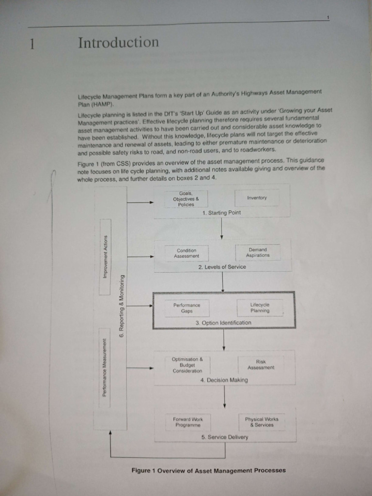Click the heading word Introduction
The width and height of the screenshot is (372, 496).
(x=118, y=43)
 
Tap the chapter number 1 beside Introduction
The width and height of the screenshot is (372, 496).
(x=32, y=45)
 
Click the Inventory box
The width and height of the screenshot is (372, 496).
(x=257, y=198)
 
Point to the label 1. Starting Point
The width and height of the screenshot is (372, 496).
(x=221, y=213)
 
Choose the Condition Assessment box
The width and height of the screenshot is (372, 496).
(x=186, y=253)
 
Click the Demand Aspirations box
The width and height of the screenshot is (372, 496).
(x=258, y=252)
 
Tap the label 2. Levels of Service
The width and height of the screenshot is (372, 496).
(x=222, y=267)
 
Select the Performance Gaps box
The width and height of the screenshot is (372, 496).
(x=186, y=308)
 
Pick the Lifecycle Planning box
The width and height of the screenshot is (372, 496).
(x=260, y=308)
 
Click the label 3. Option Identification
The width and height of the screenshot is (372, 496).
(x=223, y=323)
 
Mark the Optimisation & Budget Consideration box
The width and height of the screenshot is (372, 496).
(x=187, y=365)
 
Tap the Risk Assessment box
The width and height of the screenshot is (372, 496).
(x=261, y=364)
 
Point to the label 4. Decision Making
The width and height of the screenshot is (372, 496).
(x=224, y=380)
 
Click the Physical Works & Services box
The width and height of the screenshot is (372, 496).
(x=262, y=421)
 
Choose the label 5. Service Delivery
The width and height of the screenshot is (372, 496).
(x=224, y=437)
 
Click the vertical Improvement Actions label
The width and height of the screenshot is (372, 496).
(x=105, y=257)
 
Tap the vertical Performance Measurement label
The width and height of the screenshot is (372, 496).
(x=104, y=368)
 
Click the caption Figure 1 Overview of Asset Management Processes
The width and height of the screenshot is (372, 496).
(x=208, y=470)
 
